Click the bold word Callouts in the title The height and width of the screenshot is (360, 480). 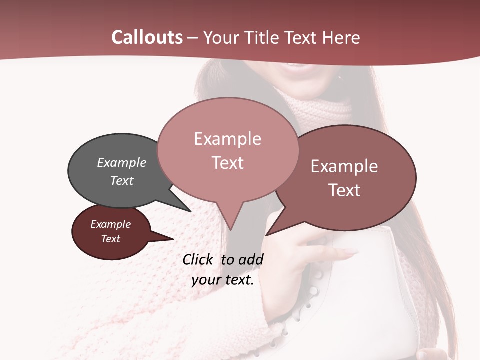pyautogui.click(x=147, y=37)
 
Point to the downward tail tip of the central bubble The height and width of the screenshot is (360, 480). pyautogui.click(x=231, y=229)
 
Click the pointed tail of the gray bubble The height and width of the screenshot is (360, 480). pyautogui.click(x=190, y=211)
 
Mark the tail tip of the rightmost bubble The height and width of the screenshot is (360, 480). pyautogui.click(x=267, y=235)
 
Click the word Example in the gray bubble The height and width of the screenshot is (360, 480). pyautogui.click(x=122, y=163)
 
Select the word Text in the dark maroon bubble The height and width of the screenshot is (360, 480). pyautogui.click(x=111, y=239)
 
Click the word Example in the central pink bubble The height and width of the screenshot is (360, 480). pyautogui.click(x=227, y=139)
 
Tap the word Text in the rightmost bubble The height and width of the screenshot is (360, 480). pyautogui.click(x=345, y=190)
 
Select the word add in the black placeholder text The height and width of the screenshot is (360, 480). pyautogui.click(x=250, y=259)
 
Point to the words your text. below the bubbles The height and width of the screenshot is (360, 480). pyautogui.click(x=223, y=280)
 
